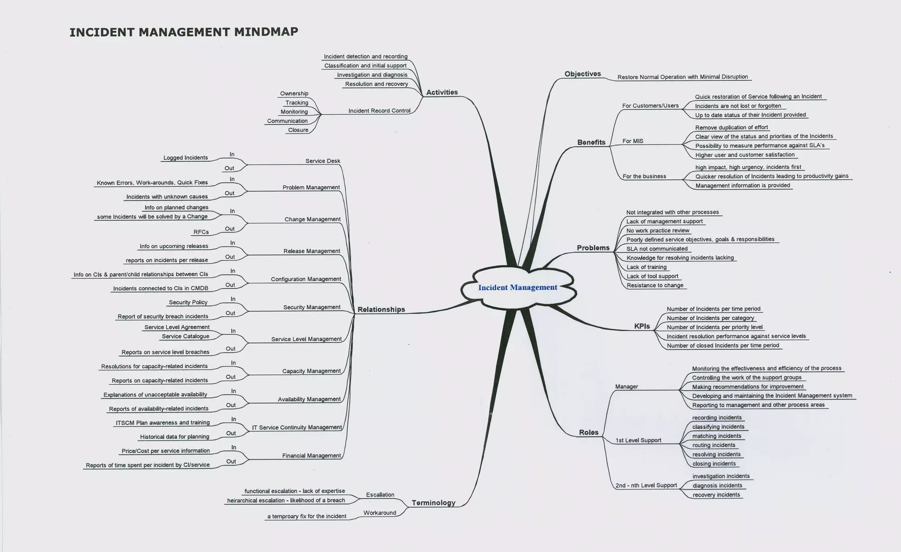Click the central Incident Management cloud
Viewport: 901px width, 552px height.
[x=518, y=287]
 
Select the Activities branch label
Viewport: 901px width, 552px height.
[x=442, y=92]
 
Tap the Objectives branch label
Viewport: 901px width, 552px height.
[x=582, y=74]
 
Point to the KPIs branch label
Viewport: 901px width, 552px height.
[x=642, y=326]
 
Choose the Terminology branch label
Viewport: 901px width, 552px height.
[x=433, y=503]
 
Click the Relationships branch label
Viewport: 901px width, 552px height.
[x=381, y=309]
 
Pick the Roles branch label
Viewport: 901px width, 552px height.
[x=589, y=432]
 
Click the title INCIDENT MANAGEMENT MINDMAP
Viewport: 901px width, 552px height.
[x=184, y=32]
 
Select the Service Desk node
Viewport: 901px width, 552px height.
[x=322, y=161]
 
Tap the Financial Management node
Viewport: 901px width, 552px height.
[x=311, y=456]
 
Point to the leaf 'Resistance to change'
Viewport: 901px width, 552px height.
[x=655, y=285]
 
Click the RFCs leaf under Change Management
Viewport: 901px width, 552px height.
[x=201, y=232]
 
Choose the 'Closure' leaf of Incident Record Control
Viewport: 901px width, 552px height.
[x=298, y=130]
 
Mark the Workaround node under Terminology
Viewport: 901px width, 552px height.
[x=379, y=513]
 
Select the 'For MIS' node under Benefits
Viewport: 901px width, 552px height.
[x=633, y=141]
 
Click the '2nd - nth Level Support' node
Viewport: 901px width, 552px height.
[x=646, y=485]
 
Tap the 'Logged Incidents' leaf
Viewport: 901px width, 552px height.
[x=185, y=158]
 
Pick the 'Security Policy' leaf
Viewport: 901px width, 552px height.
[x=188, y=302]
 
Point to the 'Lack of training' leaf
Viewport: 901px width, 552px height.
[x=646, y=267]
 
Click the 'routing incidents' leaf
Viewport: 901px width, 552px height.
[x=714, y=445]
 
